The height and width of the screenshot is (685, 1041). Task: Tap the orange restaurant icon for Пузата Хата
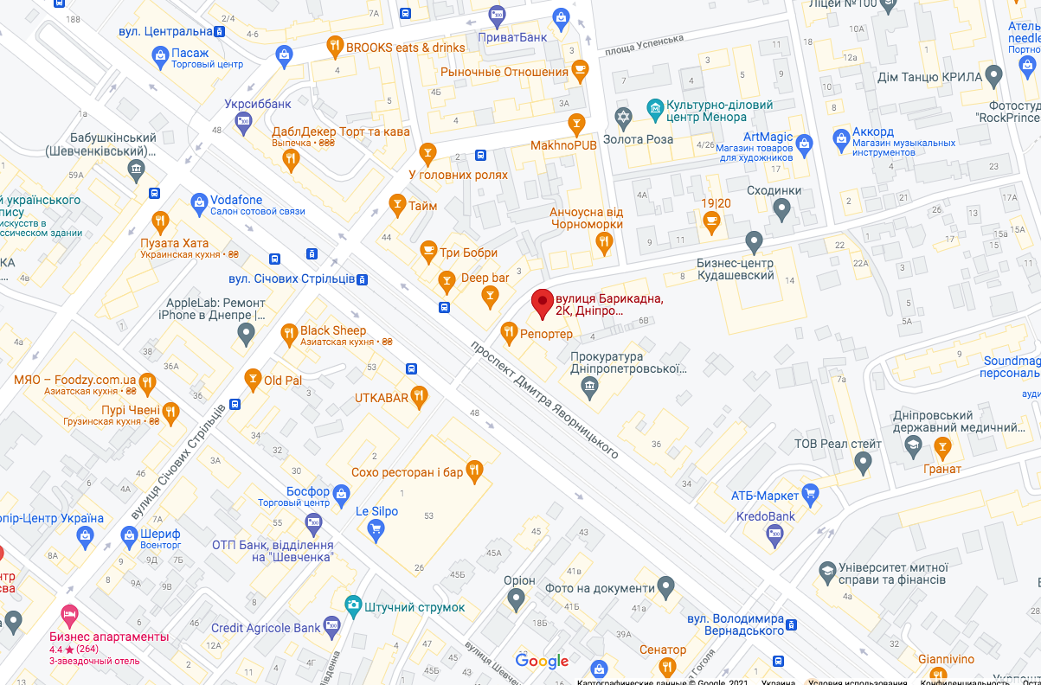159,220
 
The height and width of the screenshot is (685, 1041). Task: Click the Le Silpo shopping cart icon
375,530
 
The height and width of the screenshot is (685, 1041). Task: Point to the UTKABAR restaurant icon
420,397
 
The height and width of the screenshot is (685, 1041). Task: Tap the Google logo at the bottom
542,662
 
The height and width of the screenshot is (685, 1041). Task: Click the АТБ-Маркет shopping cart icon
810,495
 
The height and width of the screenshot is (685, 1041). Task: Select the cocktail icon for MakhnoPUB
575,126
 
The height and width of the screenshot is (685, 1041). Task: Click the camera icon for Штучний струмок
352,605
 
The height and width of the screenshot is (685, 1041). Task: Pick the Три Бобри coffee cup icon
427,252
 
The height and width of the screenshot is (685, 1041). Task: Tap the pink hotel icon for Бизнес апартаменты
70,615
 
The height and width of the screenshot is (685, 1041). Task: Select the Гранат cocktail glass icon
941,447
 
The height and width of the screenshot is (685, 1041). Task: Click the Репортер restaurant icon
509,331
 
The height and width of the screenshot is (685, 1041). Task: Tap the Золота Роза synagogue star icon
622,117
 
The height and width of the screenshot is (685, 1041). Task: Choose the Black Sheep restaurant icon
289,333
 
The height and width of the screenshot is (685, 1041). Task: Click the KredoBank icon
775,536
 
